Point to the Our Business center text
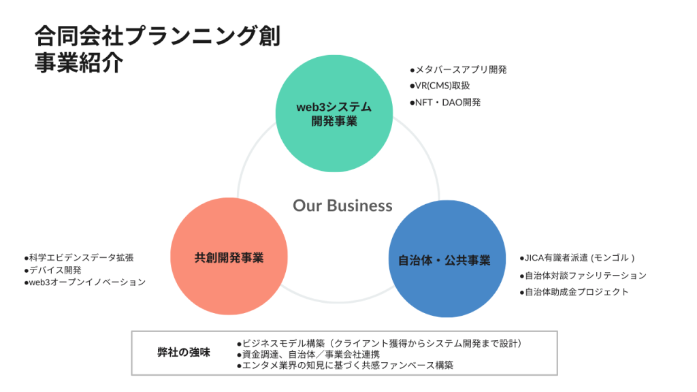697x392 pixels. pyautogui.click(x=342, y=205)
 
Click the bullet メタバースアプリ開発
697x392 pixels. pyautogui.click(x=458, y=69)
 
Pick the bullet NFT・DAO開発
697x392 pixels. pyautogui.click(x=445, y=102)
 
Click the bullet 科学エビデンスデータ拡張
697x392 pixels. pyautogui.click(x=79, y=257)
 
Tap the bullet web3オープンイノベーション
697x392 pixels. pyautogui.click(x=84, y=282)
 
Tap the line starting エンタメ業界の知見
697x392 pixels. pyautogui.click(x=344, y=365)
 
